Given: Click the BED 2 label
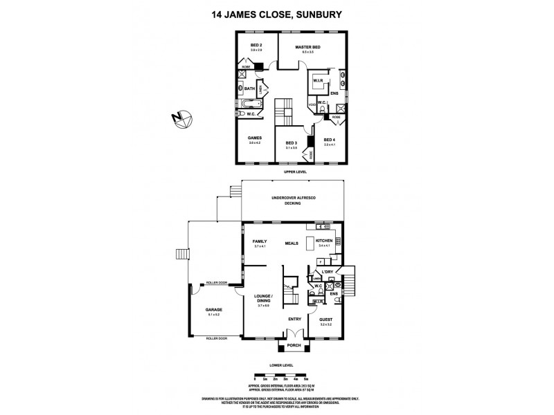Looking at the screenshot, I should point(256,46).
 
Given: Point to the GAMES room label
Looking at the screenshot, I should point(255,138).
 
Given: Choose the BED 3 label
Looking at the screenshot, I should point(291,144).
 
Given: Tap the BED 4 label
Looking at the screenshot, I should point(329,140).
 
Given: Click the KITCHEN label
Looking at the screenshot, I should point(324,241).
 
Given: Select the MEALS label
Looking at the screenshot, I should point(292,243).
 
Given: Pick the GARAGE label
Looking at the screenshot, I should point(213,310).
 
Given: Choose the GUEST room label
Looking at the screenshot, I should point(325,320).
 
